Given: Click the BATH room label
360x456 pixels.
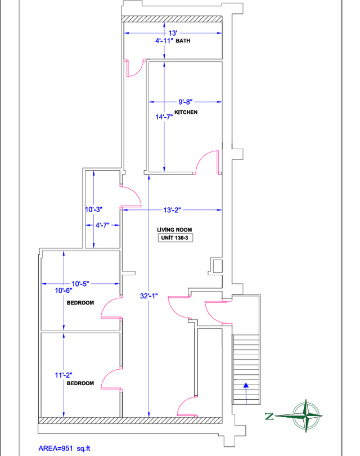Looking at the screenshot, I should [x=183, y=41].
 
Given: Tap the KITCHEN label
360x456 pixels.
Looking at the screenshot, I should [x=186, y=113].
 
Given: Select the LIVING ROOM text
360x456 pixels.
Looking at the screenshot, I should [x=175, y=229].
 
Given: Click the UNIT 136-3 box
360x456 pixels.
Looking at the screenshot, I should [x=176, y=238].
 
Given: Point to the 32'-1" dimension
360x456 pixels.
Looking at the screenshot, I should [x=149, y=296].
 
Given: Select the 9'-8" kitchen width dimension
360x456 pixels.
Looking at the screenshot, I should [x=186, y=102].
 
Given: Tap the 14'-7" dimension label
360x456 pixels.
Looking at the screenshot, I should [x=164, y=117].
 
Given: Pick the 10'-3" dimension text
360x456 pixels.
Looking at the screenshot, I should [x=93, y=209].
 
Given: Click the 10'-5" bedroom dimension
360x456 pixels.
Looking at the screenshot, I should [x=80, y=283].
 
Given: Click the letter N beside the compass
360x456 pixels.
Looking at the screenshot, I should [x=270, y=417].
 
